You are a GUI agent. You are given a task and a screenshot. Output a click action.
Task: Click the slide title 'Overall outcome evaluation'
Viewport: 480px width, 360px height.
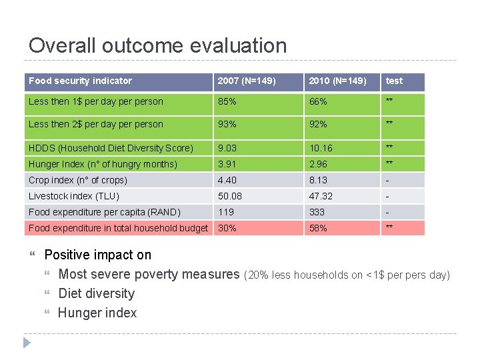[x=157, y=45]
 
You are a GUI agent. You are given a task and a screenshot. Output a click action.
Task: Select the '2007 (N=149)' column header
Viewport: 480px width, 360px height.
[x=246, y=81]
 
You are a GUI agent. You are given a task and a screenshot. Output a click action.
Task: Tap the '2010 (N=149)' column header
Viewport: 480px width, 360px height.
[x=337, y=81]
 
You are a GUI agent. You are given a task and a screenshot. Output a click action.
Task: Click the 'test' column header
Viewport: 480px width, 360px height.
[x=395, y=81]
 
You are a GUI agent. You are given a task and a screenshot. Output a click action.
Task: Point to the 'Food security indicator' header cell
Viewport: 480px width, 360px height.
[x=80, y=81]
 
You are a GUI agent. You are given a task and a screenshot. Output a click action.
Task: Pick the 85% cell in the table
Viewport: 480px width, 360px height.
[x=228, y=102]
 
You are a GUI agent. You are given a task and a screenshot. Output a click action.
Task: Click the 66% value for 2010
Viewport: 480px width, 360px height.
[x=318, y=102]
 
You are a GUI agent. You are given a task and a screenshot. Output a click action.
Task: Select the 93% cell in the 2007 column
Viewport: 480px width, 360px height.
[x=228, y=124]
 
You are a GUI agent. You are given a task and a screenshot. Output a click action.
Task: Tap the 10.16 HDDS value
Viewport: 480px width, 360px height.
[x=321, y=148]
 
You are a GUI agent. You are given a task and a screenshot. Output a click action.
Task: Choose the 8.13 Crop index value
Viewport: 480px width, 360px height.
[x=318, y=180]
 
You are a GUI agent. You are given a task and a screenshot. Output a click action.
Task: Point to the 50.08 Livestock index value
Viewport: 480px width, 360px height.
[x=230, y=196]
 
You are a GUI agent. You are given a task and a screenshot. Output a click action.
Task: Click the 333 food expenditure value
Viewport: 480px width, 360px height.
[x=317, y=212]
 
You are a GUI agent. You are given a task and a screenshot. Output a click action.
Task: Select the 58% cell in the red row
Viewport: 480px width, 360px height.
[x=318, y=228]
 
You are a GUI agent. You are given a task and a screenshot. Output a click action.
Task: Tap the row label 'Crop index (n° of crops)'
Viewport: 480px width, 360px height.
[x=77, y=180]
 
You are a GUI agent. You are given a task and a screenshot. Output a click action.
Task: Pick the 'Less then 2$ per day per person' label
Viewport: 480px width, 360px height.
[x=95, y=124]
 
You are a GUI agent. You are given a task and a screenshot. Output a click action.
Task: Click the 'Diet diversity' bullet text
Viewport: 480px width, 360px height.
[x=96, y=293]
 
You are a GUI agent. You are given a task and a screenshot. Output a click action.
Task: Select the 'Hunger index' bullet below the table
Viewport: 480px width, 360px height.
[x=97, y=313]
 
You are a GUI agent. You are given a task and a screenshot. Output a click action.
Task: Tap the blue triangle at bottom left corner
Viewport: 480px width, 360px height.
[x=27, y=343]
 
